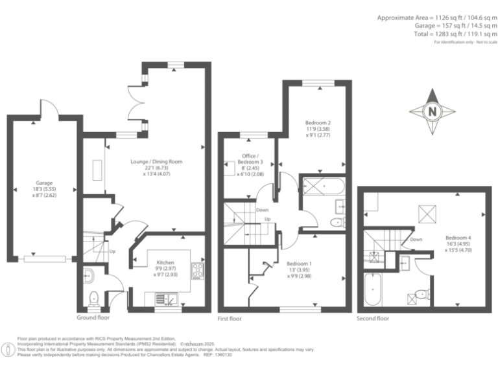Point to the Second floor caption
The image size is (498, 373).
[x=373, y=319]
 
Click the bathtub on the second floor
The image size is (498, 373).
[x=373, y=290]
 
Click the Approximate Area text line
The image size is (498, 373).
[x=437, y=17]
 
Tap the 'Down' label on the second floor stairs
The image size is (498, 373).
[x=416, y=239]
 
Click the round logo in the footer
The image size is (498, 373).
[x=8, y=350]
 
